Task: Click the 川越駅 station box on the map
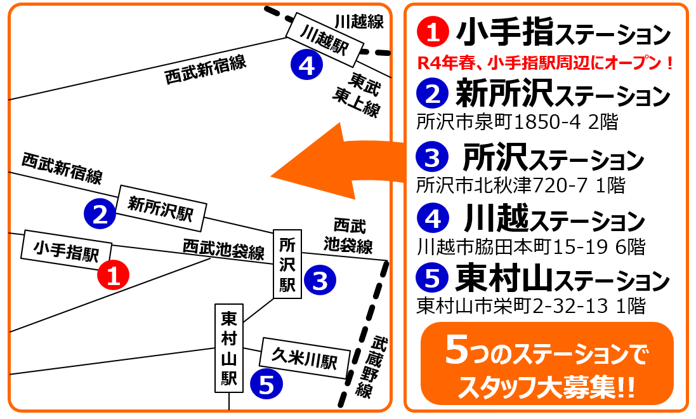(x=325, y=39)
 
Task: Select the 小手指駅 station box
(x=67, y=251)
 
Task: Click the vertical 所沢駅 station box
(x=287, y=264)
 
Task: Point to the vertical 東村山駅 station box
(x=229, y=348)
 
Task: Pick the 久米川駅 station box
(x=305, y=358)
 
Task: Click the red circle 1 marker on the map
(x=113, y=275)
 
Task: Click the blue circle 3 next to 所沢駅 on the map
(x=320, y=279)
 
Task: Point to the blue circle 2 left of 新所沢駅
(x=100, y=214)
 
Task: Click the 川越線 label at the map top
(x=359, y=21)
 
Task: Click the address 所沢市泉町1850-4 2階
(x=517, y=122)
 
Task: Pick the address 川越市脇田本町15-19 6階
(x=531, y=246)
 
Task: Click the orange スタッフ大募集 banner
(x=547, y=364)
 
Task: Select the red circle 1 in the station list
(x=433, y=32)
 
